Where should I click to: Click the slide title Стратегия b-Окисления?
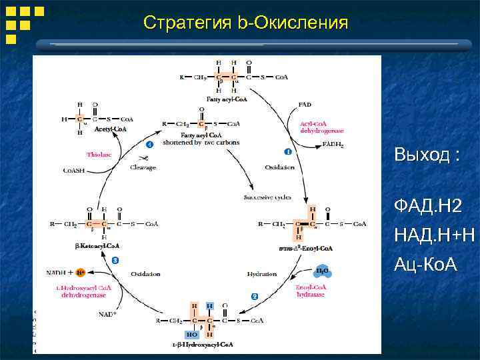point(245,23)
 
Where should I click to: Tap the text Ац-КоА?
point(425,265)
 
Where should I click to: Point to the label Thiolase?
point(99,155)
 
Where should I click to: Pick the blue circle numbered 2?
point(255,295)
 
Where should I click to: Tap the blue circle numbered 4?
point(149,143)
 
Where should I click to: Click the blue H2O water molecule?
point(322,270)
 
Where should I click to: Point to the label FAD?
point(305,104)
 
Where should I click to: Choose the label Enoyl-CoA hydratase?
point(312,291)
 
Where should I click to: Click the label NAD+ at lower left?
point(107,313)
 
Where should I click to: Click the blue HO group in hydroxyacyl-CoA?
point(191,334)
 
